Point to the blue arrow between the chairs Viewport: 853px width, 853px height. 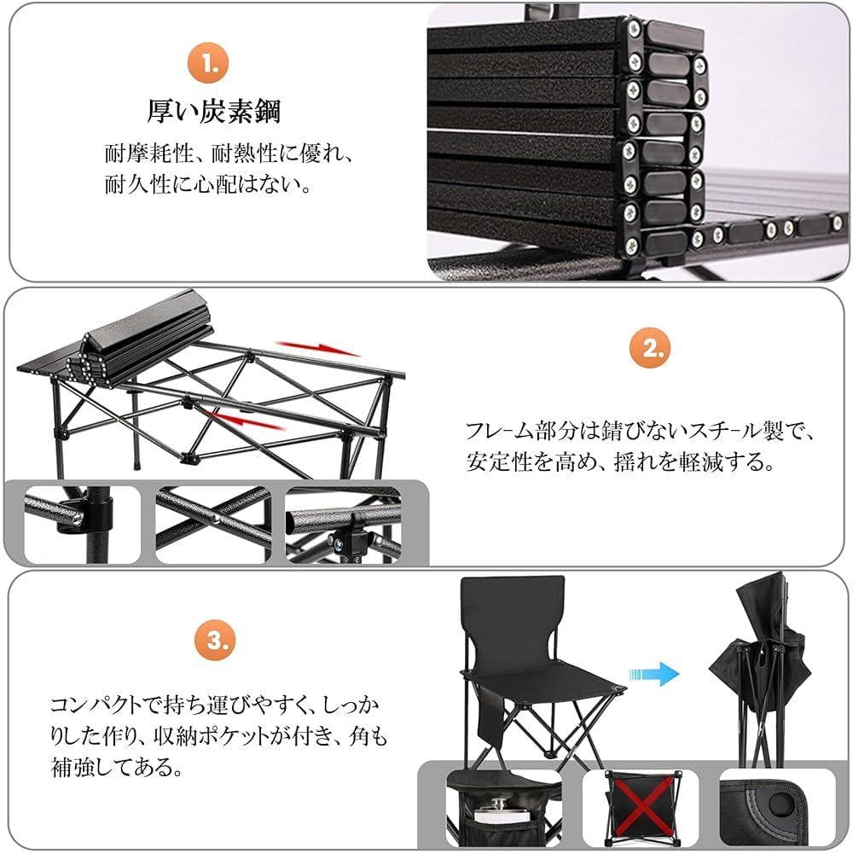click(660, 674)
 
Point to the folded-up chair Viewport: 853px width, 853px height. click(760, 661)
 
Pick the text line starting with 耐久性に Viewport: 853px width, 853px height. click(207, 185)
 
